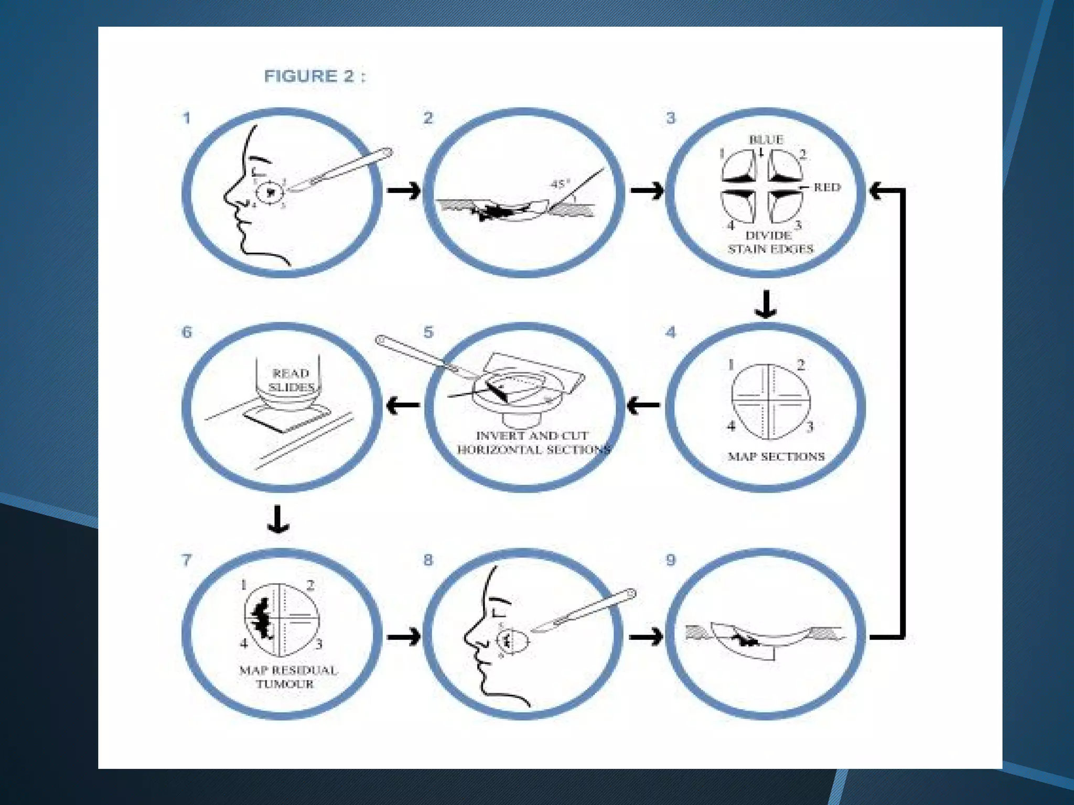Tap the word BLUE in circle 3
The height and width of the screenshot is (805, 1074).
766,139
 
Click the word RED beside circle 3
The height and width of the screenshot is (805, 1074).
826,187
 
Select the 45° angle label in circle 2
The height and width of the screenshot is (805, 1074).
560,184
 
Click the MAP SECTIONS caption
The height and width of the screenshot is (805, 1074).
776,456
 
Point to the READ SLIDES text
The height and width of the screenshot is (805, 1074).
292,380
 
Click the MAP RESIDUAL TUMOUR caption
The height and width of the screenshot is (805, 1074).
287,677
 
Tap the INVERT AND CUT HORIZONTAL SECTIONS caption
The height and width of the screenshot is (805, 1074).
533,442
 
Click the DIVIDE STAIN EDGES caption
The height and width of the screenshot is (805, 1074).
770,242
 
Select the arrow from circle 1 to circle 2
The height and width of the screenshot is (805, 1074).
404,190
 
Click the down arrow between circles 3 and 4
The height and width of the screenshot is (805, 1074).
766,304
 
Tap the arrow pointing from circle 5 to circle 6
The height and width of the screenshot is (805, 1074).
403,405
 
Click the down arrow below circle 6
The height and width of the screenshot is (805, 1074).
278,519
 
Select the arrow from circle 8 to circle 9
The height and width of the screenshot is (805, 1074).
646,637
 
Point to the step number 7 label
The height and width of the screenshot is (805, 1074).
186,560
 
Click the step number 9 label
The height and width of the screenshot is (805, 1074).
671,560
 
